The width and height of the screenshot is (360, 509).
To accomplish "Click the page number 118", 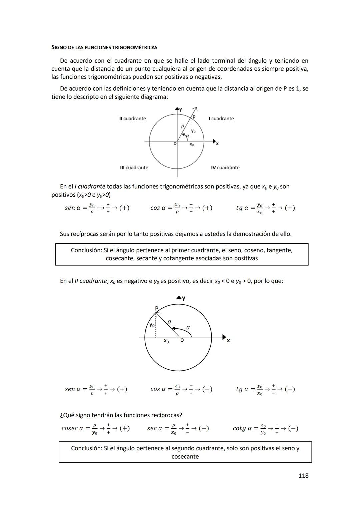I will (x=303, y=475).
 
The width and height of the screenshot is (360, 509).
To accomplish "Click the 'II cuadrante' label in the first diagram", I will (x=132, y=119).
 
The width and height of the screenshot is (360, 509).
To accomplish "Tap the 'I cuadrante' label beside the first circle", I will (x=221, y=119).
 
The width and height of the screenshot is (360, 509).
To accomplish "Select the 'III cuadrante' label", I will (x=134, y=168).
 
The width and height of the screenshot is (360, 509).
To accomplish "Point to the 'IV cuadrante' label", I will (x=225, y=168).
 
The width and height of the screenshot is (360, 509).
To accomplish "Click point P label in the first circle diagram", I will (x=194, y=117).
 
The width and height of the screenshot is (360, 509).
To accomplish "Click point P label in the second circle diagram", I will (x=157, y=308).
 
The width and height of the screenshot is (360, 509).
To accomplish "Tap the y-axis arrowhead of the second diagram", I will (x=179, y=298).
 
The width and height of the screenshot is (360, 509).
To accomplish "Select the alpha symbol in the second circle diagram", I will (x=188, y=327).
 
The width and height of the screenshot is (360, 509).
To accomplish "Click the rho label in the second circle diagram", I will (x=169, y=322).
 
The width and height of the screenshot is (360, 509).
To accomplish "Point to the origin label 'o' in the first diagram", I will (x=175, y=144).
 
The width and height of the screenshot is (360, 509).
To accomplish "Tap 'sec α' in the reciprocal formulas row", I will (x=155, y=428).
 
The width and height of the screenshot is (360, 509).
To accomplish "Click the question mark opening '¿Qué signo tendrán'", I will (x=61, y=415).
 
